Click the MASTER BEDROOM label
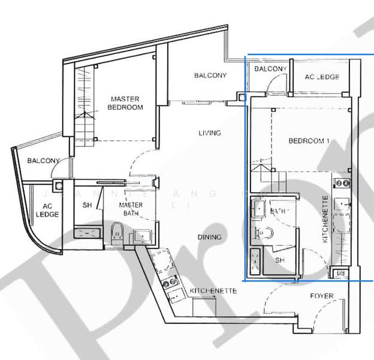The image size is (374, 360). coord(125,103)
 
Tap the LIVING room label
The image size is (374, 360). coord(210,133)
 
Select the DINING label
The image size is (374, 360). coord(209,237)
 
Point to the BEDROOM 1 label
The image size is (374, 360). coord(309,141)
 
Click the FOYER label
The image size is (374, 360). coord(322,296)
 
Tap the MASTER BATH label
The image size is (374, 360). coord(131,209)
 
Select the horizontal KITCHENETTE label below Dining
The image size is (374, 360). coord(213,290)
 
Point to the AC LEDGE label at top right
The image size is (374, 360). coord(322,77)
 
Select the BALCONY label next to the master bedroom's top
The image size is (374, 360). coord(210,76)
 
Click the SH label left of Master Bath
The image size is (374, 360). coord(87,205)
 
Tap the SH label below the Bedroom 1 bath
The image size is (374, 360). coord(280,260)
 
